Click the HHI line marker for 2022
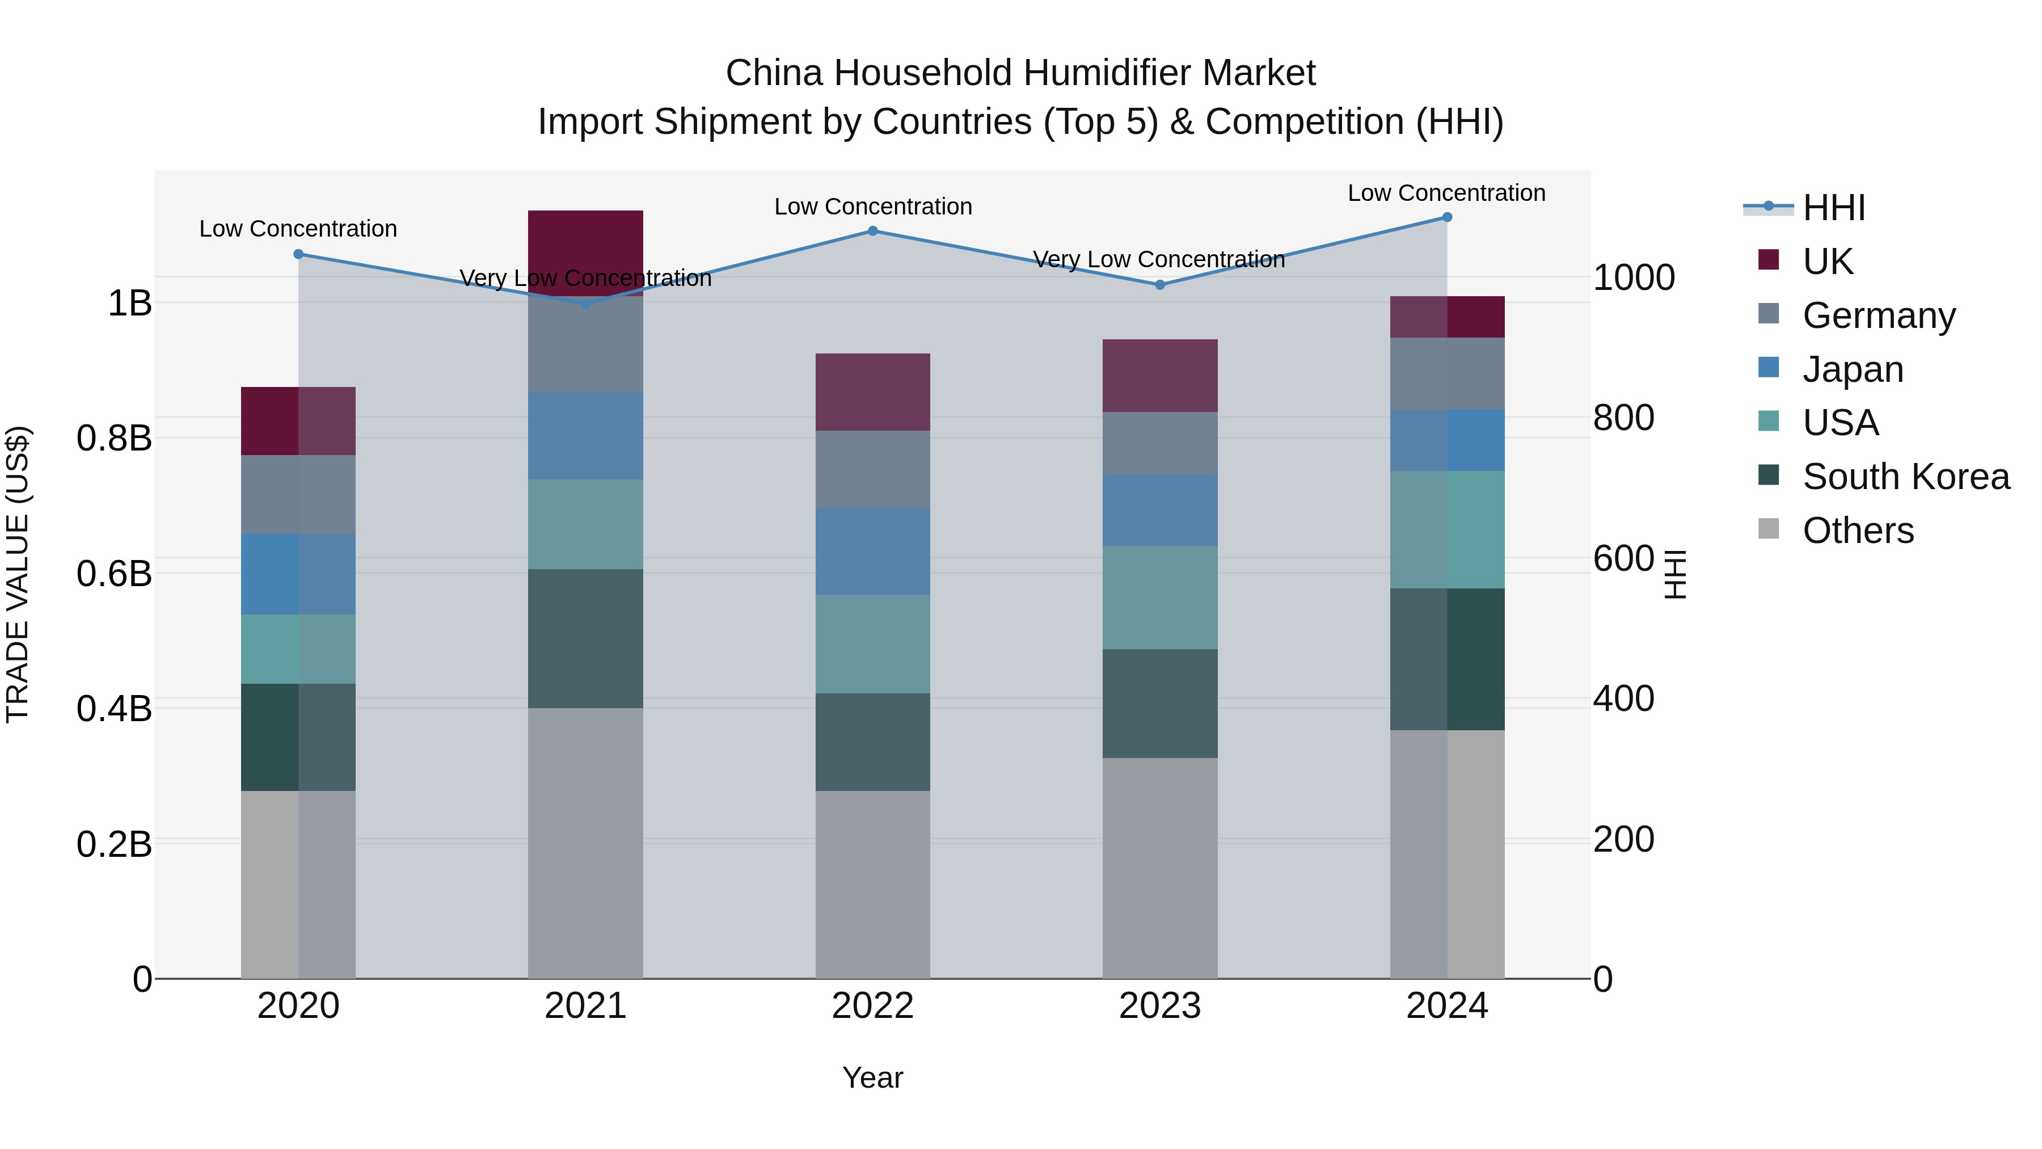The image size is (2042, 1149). (x=873, y=231)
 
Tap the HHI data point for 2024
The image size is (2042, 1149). (x=1446, y=217)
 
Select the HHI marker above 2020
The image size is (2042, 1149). (x=298, y=254)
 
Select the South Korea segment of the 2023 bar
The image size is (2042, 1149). (x=1160, y=704)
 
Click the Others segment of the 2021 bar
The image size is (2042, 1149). (x=585, y=843)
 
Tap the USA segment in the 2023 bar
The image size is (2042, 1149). (x=1160, y=597)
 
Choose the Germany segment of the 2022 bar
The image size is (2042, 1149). (x=873, y=469)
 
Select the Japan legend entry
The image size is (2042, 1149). (x=1853, y=369)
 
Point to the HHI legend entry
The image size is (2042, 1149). (x=1833, y=208)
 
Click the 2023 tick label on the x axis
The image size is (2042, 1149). (x=1160, y=1006)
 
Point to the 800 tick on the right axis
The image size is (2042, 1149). (x=1623, y=418)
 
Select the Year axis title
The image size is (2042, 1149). (x=873, y=1078)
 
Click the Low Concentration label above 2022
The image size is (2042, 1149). (x=873, y=207)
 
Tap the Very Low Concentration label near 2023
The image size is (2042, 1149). (x=1159, y=259)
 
